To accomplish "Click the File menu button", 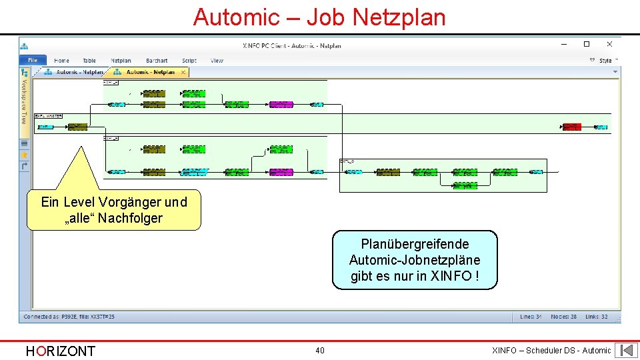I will point(33,61).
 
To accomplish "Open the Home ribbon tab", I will point(61,61).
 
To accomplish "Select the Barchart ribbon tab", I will point(157,61).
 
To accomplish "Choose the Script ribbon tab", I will point(189,61).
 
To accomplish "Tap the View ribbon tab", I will point(217,61).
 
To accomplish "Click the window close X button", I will point(609,45).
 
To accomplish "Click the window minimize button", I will point(564,45).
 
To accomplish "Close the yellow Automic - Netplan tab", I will point(183,72).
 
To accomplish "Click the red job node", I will point(571,126).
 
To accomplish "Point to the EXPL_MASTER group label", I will point(48,116).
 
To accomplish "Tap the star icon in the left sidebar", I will point(25,154).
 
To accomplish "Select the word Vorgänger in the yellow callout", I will point(130,202).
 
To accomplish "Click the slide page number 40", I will point(320,351).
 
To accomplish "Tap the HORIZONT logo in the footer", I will point(60,351).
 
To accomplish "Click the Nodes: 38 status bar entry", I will point(563,317).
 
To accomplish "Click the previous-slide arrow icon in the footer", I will point(626,350).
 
